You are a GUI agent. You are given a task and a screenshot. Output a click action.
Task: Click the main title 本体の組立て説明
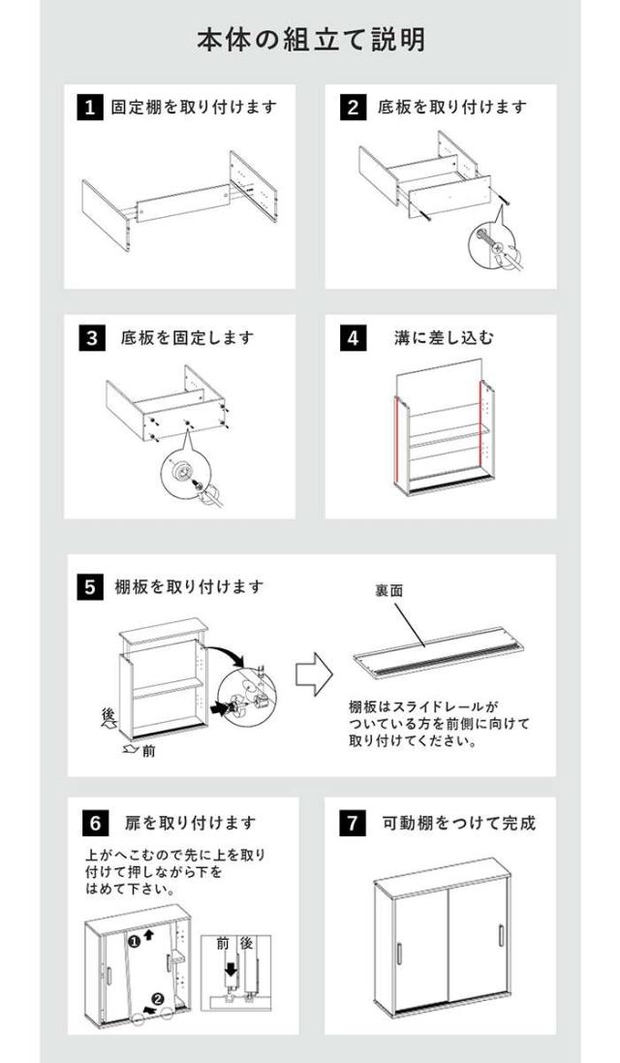click(x=311, y=40)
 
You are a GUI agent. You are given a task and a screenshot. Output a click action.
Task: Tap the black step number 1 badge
click(x=89, y=108)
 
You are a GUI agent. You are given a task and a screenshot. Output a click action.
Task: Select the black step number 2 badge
click(x=353, y=108)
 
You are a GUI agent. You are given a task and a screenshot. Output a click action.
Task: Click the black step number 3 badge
click(x=91, y=337)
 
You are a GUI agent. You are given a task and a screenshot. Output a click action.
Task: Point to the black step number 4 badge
click(x=353, y=337)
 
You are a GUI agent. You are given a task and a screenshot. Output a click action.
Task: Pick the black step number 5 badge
click(x=91, y=586)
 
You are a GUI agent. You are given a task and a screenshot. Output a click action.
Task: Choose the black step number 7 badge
click(x=353, y=823)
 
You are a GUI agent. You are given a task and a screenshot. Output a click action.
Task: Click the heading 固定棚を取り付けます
click(x=194, y=108)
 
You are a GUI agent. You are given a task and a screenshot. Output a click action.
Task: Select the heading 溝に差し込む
click(x=445, y=337)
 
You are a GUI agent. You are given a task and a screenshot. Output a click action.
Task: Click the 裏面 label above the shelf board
click(x=388, y=590)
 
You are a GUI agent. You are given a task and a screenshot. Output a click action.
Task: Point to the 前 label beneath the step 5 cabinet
click(x=148, y=751)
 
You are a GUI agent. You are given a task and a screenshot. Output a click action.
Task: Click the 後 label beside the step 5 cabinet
click(x=108, y=714)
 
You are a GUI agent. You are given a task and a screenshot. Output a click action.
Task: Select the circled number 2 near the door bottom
click(x=158, y=999)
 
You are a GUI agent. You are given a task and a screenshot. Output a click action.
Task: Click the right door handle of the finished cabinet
click(x=502, y=935)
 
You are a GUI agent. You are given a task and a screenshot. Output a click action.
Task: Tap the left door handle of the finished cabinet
click(x=399, y=954)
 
